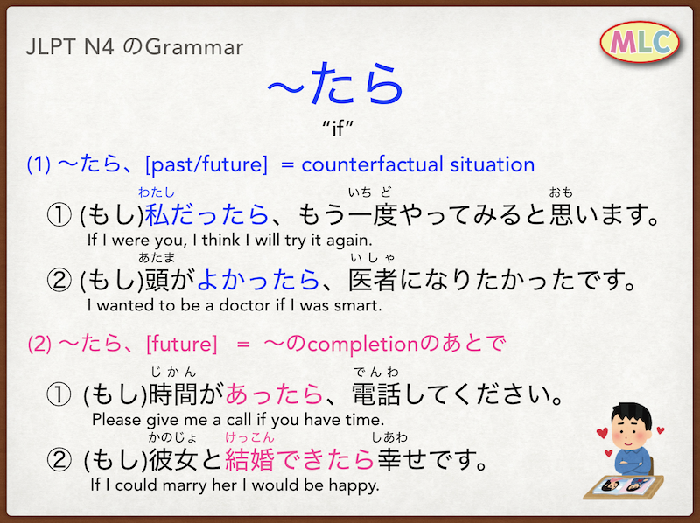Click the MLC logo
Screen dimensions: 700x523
coord(640,42)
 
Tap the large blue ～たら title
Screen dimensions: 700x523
coord(336,84)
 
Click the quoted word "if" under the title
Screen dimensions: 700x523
coord(338,128)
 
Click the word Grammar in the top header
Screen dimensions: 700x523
coord(194,47)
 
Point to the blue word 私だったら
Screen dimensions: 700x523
coord(206,214)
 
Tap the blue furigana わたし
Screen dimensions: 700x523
coord(157,192)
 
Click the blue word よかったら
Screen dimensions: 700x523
coord(258,280)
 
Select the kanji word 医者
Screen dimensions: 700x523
coord(373,280)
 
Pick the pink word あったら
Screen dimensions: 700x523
coord(274,394)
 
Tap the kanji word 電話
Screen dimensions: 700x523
coord(376,394)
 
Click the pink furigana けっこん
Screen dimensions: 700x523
coord(249,437)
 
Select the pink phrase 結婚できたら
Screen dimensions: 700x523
coord(299,460)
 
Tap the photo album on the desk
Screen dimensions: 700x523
coord(624,487)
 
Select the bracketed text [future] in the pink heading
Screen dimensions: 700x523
coord(182,344)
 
